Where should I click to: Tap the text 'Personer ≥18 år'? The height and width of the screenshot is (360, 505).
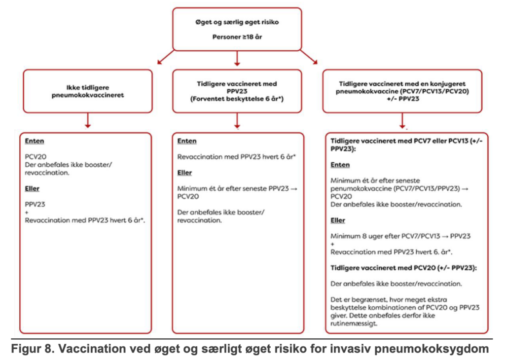[x=237, y=37]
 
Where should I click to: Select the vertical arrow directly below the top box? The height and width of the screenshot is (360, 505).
[x=237, y=59]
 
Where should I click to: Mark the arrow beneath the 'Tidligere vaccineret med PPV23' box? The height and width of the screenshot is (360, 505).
[x=237, y=121]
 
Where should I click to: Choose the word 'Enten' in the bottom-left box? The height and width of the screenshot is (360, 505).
[x=35, y=141]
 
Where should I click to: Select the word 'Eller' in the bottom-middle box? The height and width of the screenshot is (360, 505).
[x=185, y=173]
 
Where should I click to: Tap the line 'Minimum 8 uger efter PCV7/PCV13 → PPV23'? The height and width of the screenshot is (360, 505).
[x=401, y=236]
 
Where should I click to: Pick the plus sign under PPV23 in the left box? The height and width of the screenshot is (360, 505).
[x=27, y=212]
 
